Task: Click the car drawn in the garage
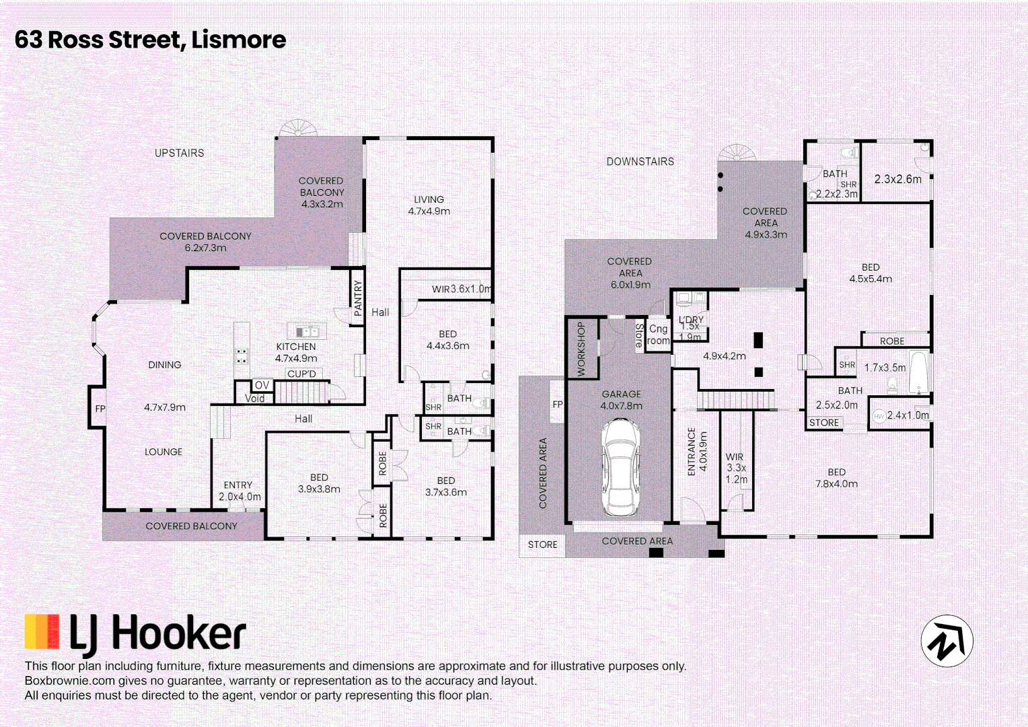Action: tap(620, 468)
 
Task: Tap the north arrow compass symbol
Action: tap(947, 640)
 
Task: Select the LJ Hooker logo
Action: tap(135, 635)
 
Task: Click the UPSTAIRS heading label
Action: tap(179, 153)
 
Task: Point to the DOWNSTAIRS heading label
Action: tap(640, 162)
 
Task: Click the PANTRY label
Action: tap(358, 298)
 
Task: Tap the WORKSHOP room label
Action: tap(581, 349)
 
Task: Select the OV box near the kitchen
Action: tap(262, 385)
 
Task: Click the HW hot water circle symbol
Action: tap(879, 416)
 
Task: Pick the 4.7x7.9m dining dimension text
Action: tap(165, 407)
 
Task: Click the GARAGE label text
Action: tap(622, 394)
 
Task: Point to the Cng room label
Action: tap(658, 335)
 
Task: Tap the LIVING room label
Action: tap(429, 199)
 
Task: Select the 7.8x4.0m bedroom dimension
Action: tap(836, 483)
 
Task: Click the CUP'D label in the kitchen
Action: tap(301, 374)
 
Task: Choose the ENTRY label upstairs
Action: tap(237, 485)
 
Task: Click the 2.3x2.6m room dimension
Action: tap(897, 179)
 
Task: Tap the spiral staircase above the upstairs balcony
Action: tap(298, 128)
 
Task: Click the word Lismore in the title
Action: tap(239, 40)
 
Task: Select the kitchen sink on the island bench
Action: tap(307, 331)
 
